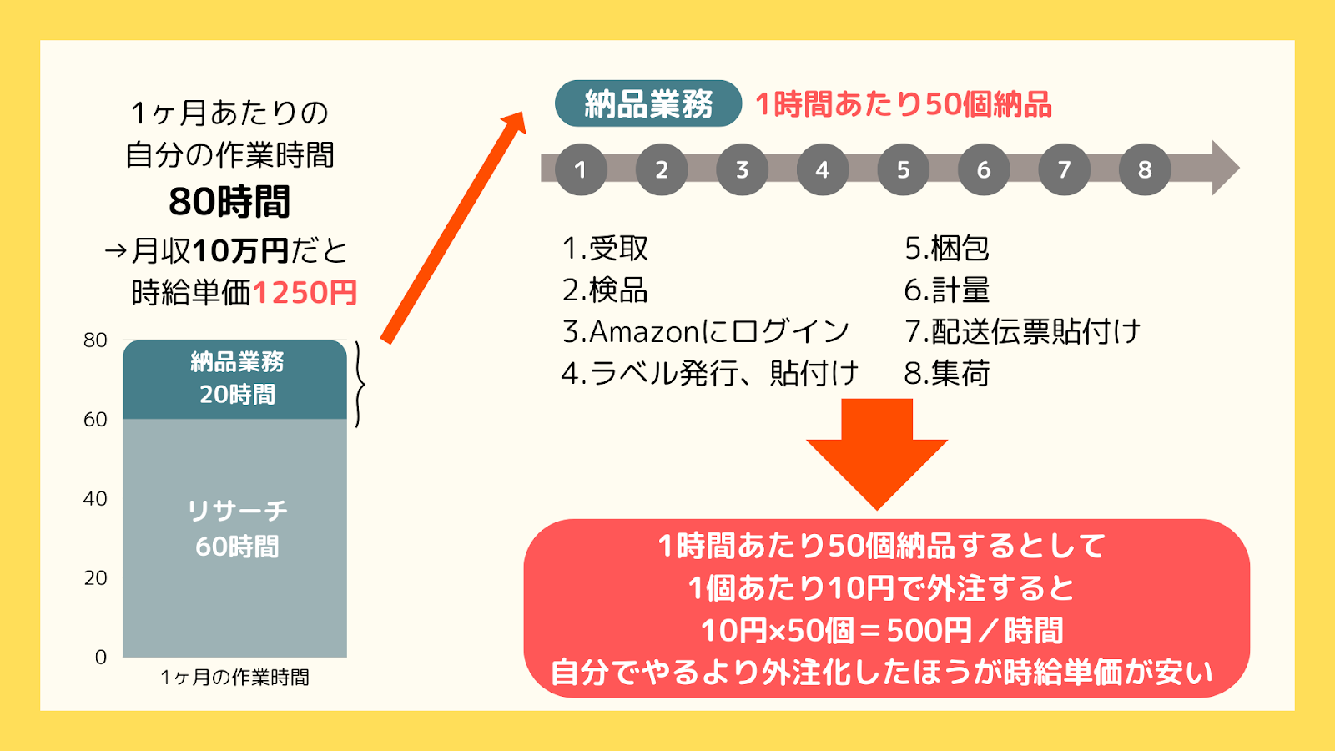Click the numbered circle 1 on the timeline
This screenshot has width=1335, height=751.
(581, 169)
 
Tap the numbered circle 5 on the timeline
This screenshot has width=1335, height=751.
(903, 169)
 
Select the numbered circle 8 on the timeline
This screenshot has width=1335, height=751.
(1144, 169)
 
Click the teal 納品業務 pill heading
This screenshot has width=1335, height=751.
(647, 103)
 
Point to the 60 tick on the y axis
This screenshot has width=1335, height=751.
(95, 419)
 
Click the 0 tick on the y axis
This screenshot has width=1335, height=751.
(101, 657)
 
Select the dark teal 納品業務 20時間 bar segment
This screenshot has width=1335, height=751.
(234, 379)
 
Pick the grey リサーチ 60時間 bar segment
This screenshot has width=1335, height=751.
(234, 538)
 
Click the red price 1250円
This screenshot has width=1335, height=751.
(305, 293)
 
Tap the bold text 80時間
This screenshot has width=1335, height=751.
(229, 201)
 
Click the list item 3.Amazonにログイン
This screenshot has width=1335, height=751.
(706, 332)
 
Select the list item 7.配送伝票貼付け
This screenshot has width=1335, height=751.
(1022, 332)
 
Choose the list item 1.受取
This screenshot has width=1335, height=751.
(605, 249)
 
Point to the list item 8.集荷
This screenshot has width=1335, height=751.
(946, 374)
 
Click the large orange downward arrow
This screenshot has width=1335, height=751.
(877, 454)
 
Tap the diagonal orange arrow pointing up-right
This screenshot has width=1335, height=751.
(454, 227)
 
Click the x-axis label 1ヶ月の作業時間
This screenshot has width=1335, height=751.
(234, 678)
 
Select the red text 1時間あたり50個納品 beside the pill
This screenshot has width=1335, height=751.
(904, 104)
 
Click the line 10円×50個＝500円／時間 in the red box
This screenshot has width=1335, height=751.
(882, 631)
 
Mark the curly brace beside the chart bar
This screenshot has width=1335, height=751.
(360, 385)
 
